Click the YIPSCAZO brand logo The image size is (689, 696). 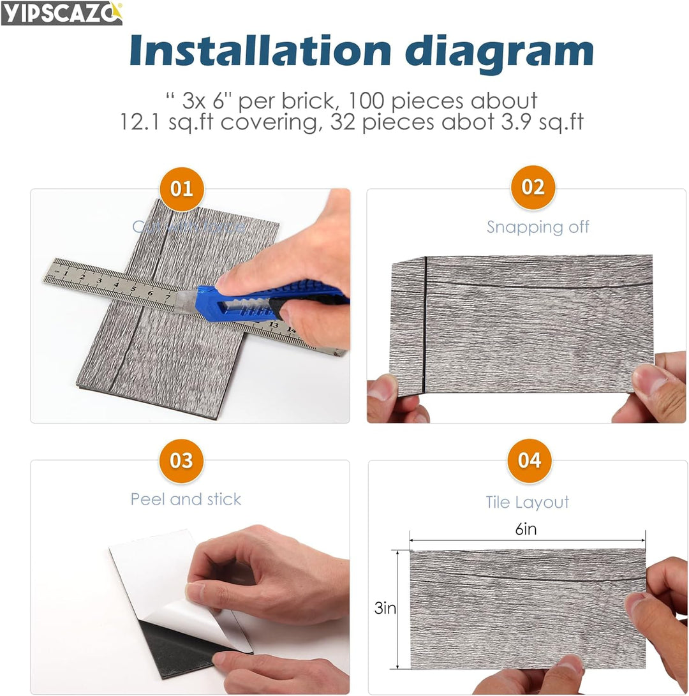pyautogui.click(x=61, y=13)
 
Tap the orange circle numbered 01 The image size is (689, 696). pyautogui.click(x=182, y=189)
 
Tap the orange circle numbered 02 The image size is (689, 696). pyautogui.click(x=533, y=188)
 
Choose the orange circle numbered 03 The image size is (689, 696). pyautogui.click(x=182, y=460)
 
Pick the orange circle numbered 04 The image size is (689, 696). pyautogui.click(x=529, y=460)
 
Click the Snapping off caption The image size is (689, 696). pyautogui.click(x=538, y=227)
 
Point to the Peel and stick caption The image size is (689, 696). pyautogui.click(x=186, y=499)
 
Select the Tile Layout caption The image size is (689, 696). pyautogui.click(x=527, y=502)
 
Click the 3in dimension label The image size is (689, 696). pyautogui.click(x=385, y=609)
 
